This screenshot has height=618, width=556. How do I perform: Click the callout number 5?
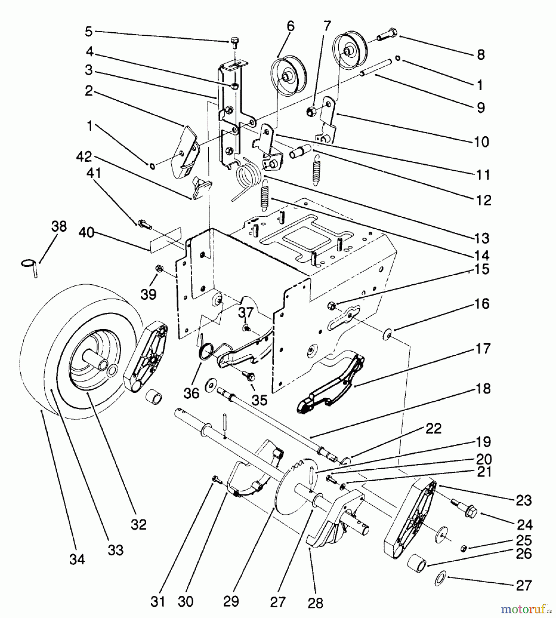(89, 32)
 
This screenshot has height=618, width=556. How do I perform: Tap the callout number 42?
(84, 157)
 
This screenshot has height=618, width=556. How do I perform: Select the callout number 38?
(59, 227)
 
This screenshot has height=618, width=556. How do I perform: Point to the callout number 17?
(483, 349)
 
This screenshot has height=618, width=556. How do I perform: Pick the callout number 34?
(77, 559)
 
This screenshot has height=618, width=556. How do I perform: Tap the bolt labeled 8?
(388, 35)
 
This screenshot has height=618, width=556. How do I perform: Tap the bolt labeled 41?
(144, 224)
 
